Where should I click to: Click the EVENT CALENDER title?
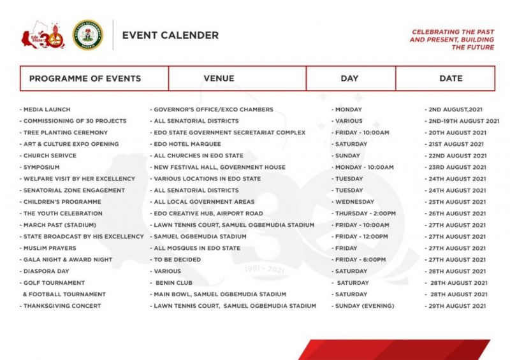point(170,36)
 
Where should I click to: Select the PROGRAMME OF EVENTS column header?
point(85,78)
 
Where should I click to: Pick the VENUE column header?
point(219,78)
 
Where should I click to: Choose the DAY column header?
point(349,78)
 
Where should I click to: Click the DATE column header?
point(451,78)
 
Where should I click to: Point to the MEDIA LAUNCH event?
point(46,110)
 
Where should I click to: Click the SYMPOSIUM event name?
point(41,167)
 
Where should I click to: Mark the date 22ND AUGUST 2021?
point(457,155)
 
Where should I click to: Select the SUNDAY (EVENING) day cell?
point(364,306)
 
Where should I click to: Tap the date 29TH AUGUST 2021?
point(457,306)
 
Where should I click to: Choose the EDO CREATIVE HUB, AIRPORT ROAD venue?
point(207,213)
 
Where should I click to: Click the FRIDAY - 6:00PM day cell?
point(360,259)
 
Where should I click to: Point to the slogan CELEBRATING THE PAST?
point(453,32)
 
